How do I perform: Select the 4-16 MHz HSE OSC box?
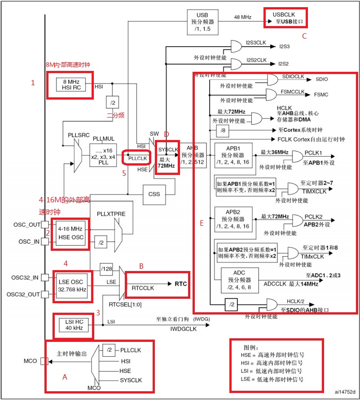click(x=71, y=233)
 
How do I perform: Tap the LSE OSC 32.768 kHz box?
click(x=71, y=285)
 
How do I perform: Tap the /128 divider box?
click(x=106, y=269)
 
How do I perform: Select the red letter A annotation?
click(x=65, y=377)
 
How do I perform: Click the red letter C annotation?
click(x=304, y=36)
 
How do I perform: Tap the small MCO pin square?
click(x=44, y=361)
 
